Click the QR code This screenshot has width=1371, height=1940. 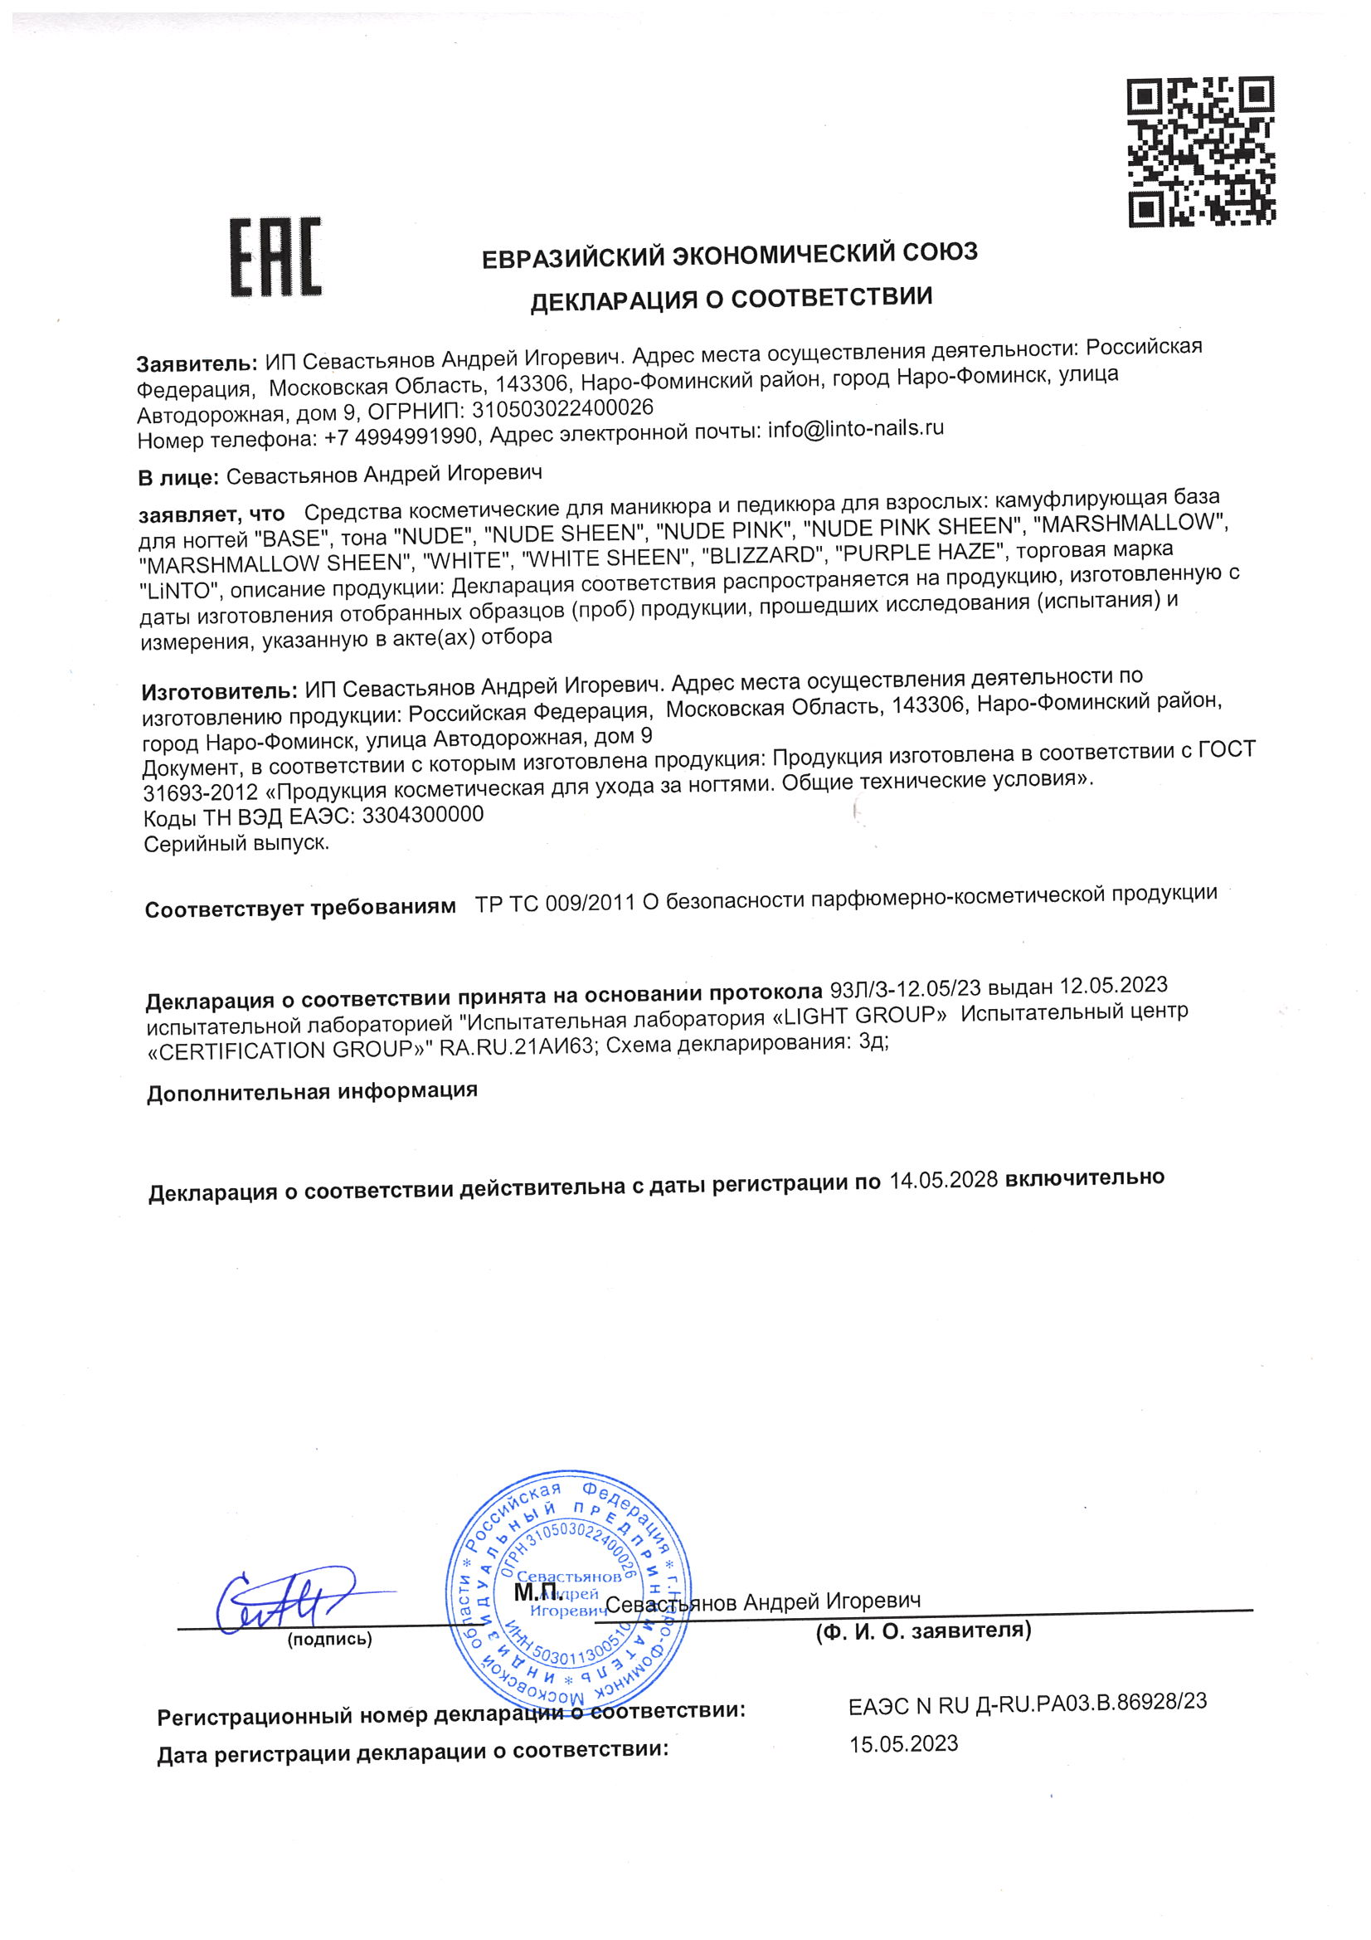(1200, 152)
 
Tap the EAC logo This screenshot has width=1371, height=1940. (275, 257)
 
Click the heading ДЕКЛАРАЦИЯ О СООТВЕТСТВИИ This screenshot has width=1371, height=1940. (731, 298)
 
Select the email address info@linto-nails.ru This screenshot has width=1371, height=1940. (855, 429)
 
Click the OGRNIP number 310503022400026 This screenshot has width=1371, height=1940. (562, 409)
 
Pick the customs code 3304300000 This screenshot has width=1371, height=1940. (422, 816)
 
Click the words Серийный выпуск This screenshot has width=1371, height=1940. (236, 843)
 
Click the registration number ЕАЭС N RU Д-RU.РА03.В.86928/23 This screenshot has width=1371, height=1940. (1026, 1703)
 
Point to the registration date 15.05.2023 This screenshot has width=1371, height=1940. (903, 1744)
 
